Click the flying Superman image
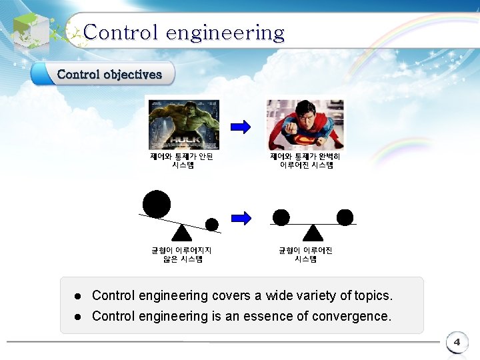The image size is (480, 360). pos(305,125)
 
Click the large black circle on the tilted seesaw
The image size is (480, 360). pos(157,204)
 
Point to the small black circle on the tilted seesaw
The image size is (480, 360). pos(212,224)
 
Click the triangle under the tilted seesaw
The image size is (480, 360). pos(181,232)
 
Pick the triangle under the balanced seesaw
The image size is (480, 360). pos(313,232)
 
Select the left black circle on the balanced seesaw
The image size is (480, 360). pos(281,217)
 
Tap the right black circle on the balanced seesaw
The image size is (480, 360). pos(345,217)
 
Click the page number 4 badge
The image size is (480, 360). pos(457,343)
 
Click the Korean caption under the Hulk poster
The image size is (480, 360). pos(181,161)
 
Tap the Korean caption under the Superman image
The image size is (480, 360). pos(305,161)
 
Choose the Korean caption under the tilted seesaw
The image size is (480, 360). pos(181,255)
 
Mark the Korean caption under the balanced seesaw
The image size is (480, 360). pos(305,255)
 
